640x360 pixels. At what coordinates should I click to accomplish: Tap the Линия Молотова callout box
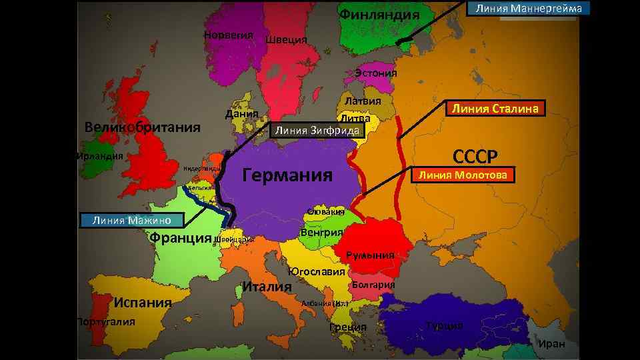(462, 175)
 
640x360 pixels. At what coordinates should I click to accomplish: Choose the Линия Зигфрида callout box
(317, 131)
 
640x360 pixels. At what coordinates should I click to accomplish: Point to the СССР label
(475, 157)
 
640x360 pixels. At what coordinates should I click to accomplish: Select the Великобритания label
(143, 127)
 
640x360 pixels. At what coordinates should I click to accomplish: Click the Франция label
(181, 237)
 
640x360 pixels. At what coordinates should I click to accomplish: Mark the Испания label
(142, 302)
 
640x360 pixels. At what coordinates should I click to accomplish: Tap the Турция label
(445, 325)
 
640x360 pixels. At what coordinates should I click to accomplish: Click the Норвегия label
(228, 35)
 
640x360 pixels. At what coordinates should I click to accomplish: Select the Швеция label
(286, 40)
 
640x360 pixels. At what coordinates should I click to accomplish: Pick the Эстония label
(375, 73)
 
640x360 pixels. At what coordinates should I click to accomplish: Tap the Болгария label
(373, 285)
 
